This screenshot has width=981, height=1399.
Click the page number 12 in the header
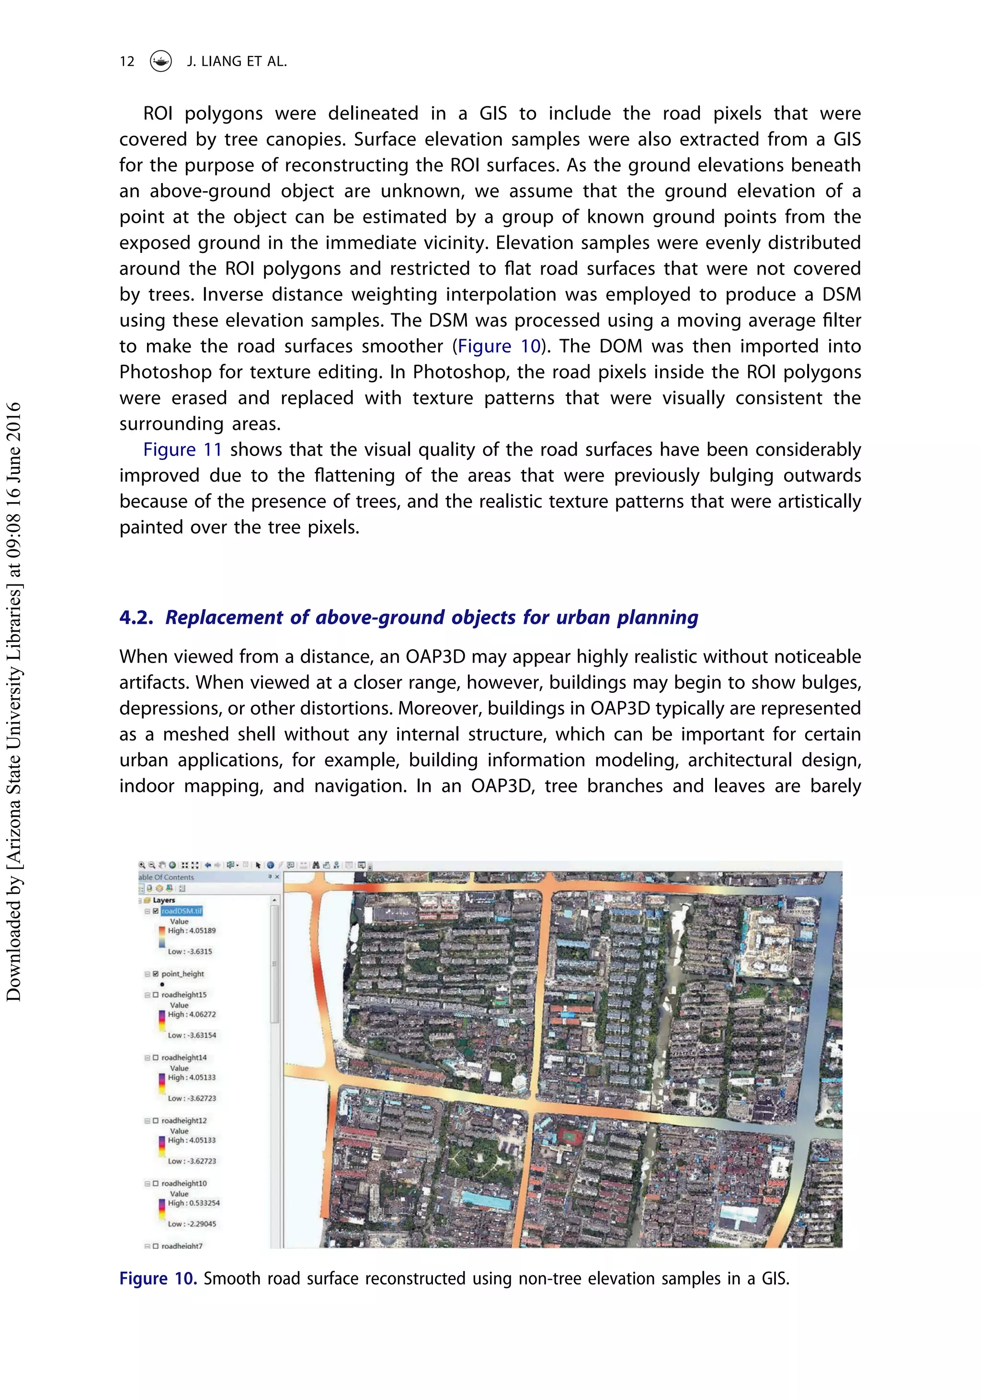[127, 61]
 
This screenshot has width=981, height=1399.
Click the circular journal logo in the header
[161, 61]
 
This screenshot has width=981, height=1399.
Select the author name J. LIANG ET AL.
[237, 61]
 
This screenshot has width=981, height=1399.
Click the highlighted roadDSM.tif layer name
[182, 911]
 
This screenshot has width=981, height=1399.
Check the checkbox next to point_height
[155, 974]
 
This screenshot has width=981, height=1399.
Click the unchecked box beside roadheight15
[155, 995]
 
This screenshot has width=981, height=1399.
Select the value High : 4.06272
[191, 1015]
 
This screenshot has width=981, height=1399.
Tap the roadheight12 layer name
[183, 1121]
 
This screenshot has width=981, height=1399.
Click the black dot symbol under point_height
[162, 984]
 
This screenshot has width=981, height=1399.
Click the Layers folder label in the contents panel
[163, 900]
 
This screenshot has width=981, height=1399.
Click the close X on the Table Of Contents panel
[277, 877]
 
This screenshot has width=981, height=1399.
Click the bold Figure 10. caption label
[158, 1278]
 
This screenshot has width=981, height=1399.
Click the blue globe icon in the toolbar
[270, 865]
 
